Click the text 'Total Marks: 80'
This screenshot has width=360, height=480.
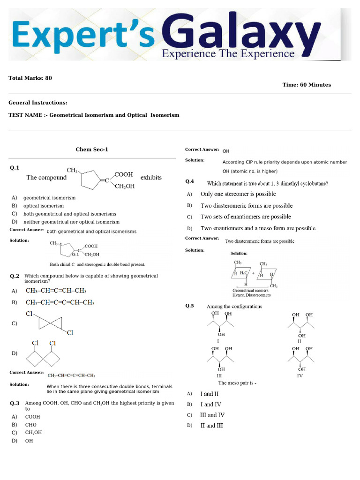[30, 78]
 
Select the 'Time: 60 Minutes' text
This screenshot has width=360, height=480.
[307, 85]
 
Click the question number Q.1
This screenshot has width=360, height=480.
[14, 168]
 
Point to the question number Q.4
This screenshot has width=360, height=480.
[190, 181]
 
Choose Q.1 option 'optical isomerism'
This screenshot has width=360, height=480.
[44, 206]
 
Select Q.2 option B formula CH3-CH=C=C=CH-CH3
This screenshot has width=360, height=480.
[60, 303]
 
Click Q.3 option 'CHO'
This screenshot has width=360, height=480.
[31, 425]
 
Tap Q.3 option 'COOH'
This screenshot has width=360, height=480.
[33, 417]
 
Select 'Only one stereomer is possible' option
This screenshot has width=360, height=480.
[238, 194]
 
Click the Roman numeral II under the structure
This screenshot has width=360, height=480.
[300, 342]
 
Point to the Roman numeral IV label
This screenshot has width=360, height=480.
[300, 376]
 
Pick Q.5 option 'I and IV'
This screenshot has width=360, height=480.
[211, 405]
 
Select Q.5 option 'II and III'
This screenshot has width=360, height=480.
[212, 426]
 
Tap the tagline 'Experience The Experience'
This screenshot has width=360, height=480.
[228, 54]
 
